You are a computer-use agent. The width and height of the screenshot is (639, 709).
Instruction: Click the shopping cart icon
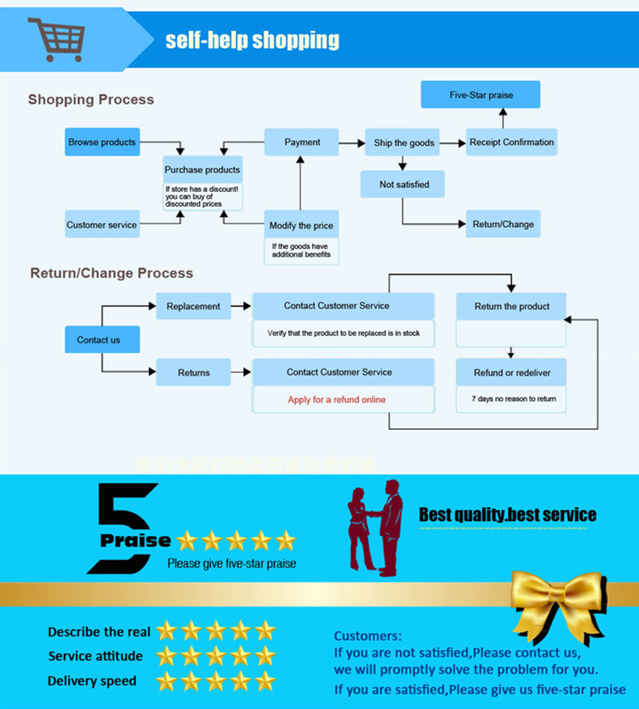pyautogui.click(x=57, y=39)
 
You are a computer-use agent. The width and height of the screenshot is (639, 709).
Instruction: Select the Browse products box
pyautogui.click(x=102, y=142)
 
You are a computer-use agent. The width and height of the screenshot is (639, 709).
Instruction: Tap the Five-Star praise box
pyautogui.click(x=481, y=95)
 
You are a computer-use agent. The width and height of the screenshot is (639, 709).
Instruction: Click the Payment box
pyautogui.click(x=302, y=142)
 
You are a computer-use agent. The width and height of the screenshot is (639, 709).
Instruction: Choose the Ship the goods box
pyautogui.click(x=403, y=143)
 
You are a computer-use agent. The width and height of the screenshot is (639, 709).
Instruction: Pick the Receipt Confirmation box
pyautogui.click(x=511, y=142)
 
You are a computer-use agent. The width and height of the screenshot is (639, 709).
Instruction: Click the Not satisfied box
pyautogui.click(x=403, y=184)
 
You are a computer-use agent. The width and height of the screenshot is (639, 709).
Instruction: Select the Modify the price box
pyautogui.click(x=301, y=225)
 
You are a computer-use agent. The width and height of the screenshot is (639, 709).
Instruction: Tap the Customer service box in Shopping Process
pyautogui.click(x=102, y=224)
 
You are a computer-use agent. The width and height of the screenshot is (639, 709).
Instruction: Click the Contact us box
pyautogui.click(x=98, y=340)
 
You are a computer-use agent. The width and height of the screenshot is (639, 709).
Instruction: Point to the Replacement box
pyautogui.click(x=193, y=306)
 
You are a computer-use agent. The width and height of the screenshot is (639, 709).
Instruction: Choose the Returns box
pyautogui.click(x=193, y=373)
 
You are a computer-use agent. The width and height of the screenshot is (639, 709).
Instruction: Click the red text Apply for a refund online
pyautogui.click(x=337, y=399)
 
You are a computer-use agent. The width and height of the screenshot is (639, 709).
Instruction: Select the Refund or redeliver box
pyautogui.click(x=511, y=373)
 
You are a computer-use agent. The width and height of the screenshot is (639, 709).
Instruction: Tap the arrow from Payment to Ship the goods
pyautogui.click(x=352, y=143)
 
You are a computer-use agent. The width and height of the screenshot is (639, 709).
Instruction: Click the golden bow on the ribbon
pyautogui.click(x=557, y=596)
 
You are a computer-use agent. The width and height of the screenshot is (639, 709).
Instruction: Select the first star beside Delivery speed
pyautogui.click(x=166, y=681)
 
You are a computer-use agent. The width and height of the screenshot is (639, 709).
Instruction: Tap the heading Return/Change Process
pyautogui.click(x=111, y=273)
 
